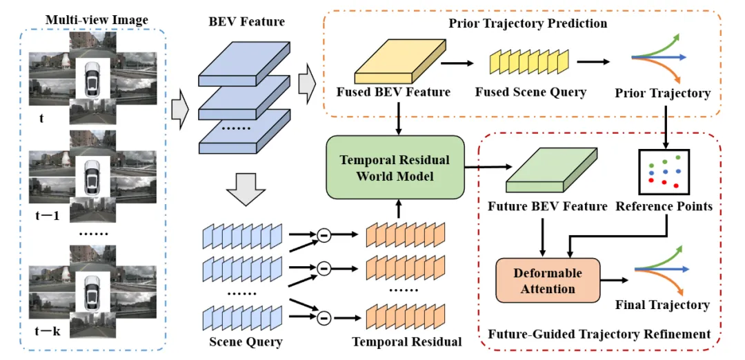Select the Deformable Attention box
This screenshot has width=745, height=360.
coord(548,280)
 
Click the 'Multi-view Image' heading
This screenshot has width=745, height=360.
coord(97,20)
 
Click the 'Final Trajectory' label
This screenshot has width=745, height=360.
coord(662,304)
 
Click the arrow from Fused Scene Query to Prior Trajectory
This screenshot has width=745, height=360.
coord(594,62)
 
